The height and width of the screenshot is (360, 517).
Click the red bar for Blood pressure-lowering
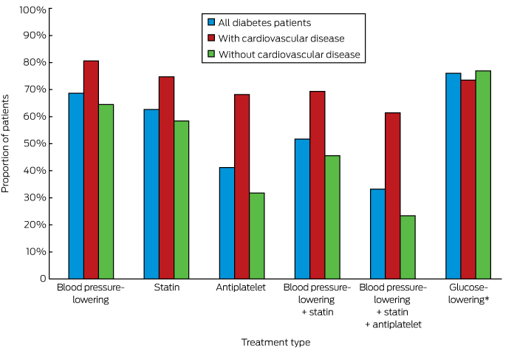91,169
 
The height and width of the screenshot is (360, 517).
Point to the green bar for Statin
181,200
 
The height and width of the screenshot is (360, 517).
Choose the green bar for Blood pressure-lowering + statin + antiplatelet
408,247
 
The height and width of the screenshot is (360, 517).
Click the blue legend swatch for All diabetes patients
211,22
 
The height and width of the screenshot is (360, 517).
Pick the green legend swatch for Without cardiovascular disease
211,55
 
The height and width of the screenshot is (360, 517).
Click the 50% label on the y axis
35,143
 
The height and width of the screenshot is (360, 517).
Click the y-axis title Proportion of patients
7,144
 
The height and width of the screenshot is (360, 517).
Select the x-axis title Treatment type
275,342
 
